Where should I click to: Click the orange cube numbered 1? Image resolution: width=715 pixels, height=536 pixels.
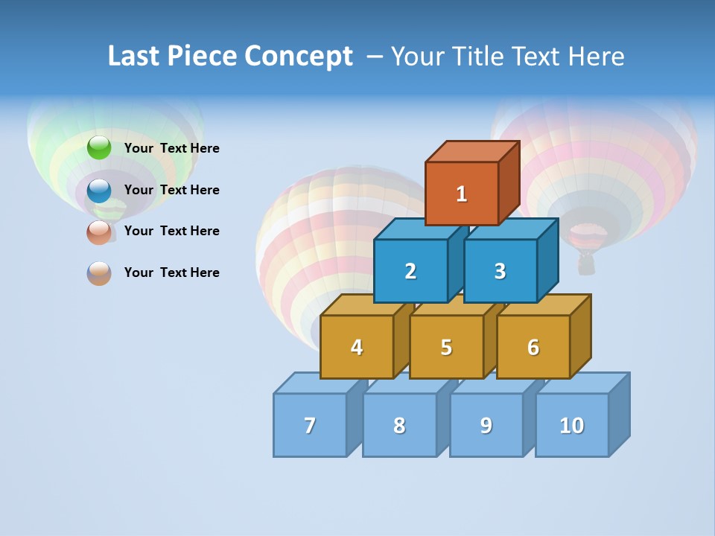(x=462, y=194)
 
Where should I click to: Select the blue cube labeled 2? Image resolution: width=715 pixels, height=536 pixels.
(x=410, y=271)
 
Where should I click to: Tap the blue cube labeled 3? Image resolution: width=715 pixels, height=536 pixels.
(x=500, y=271)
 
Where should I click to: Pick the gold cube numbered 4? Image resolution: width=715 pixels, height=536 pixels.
(x=357, y=347)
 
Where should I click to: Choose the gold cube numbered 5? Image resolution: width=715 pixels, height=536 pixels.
(x=446, y=347)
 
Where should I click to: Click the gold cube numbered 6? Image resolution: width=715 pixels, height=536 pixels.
(x=533, y=347)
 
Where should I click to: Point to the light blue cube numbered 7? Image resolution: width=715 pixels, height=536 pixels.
(x=310, y=425)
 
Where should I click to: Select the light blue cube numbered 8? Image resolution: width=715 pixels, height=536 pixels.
(x=399, y=425)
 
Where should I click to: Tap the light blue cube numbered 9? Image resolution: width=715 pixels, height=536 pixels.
(x=486, y=425)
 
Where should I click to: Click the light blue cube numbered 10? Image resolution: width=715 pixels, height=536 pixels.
(x=572, y=425)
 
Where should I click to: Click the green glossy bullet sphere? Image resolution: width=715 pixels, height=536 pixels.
(x=99, y=148)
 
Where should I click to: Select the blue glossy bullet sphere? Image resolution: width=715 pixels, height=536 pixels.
(x=99, y=191)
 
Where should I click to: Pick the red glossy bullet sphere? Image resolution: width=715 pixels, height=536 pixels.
(x=99, y=232)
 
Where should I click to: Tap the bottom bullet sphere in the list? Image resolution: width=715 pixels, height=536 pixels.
(x=99, y=273)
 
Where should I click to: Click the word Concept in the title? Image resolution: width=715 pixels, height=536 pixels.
(x=299, y=57)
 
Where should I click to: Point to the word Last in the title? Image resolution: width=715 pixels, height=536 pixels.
(x=136, y=57)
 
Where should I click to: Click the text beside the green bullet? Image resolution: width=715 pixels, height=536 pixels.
(x=172, y=148)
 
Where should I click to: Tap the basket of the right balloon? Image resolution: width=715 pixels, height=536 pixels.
(x=587, y=262)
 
